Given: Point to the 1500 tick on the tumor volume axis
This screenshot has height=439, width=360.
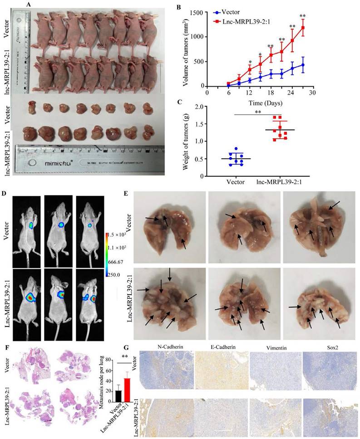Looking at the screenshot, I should (x=196, y=13).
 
